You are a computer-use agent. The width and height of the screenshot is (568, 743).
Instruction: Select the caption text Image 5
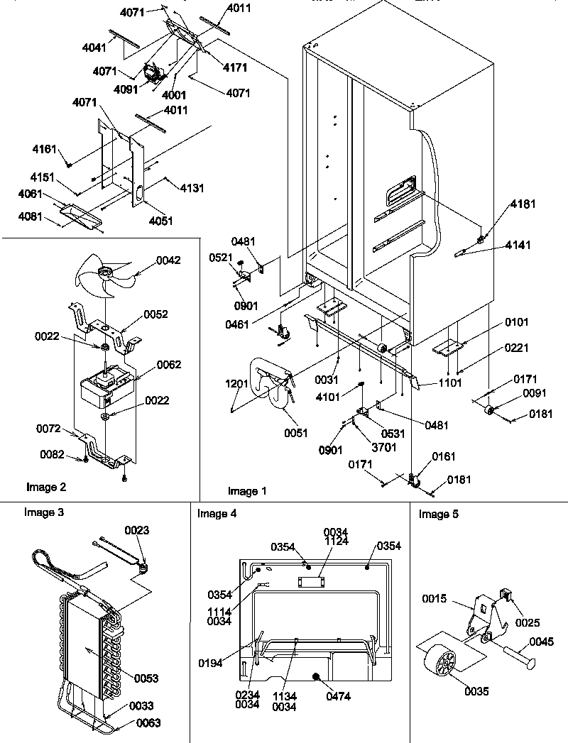click(439, 514)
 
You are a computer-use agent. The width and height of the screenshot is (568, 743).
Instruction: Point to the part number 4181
click(523, 204)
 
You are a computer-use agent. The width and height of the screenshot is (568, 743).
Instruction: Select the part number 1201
click(236, 384)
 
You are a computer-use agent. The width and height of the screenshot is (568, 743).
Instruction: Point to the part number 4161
click(44, 150)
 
